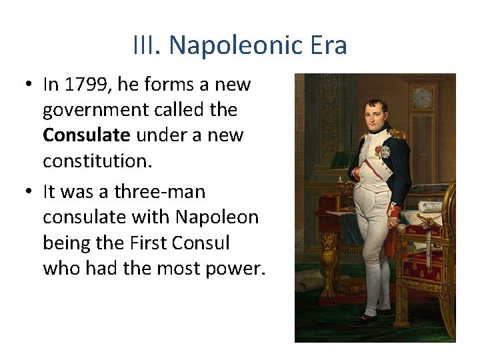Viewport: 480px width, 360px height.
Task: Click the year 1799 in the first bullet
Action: pyautogui.click(x=82, y=85)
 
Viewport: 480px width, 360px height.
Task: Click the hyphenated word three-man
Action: pyautogui.click(x=160, y=192)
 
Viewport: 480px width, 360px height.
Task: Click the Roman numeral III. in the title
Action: pyautogui.click(x=147, y=46)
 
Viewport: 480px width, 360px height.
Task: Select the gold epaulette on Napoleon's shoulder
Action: pyautogui.click(x=397, y=133)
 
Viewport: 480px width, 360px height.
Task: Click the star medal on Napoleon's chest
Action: pyautogui.click(x=385, y=152)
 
